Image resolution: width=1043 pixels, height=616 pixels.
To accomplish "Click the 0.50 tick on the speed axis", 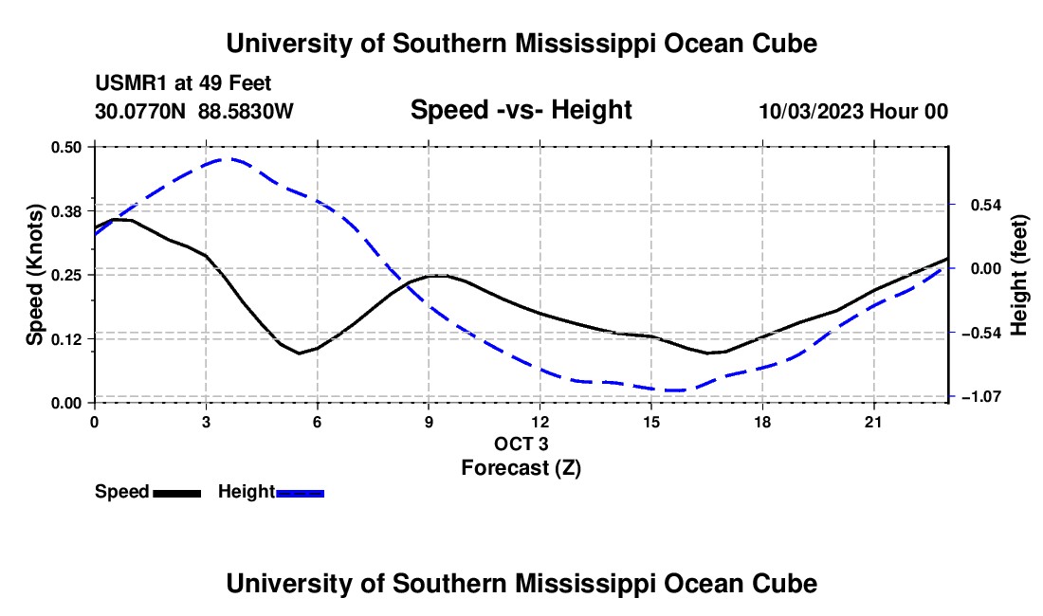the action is (65, 147).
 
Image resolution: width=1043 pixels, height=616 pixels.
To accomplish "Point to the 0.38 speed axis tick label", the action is (65, 211).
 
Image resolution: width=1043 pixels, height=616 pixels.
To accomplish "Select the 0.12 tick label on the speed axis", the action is (65, 339).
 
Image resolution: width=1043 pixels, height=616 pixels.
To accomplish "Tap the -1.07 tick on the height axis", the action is (979, 397).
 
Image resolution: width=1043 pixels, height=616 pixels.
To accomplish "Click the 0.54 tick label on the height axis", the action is (986, 205).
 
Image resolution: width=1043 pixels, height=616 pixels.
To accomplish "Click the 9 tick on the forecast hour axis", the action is (429, 422).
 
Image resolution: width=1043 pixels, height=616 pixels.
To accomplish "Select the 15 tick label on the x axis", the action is (651, 422).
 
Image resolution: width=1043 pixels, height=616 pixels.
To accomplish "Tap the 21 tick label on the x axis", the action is (873, 422).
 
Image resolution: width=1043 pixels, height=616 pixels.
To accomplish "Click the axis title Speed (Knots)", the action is (34, 275).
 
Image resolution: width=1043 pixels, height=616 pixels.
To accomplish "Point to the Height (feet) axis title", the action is (1019, 275).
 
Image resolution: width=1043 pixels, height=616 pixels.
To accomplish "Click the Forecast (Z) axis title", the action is (521, 468).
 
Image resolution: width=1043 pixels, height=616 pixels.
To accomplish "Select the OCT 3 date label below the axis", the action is (521, 444).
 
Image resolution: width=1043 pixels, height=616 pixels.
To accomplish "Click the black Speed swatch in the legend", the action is (177, 493).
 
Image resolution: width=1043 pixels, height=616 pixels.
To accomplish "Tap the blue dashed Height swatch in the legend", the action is (300, 493).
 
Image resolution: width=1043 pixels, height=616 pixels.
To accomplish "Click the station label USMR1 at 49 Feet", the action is (183, 83).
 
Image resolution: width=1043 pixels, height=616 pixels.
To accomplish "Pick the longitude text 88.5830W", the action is (246, 111).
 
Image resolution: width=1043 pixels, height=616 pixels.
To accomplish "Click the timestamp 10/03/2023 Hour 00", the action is (853, 111).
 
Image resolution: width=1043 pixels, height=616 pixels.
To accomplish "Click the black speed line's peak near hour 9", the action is (436, 275).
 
